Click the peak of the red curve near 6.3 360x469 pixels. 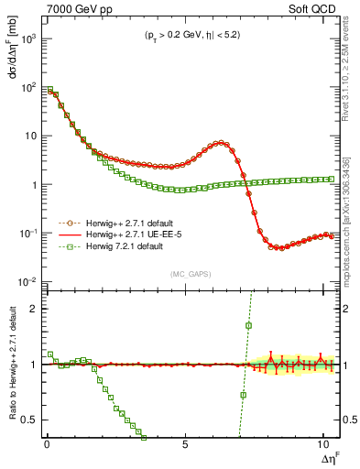[x=221, y=142]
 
